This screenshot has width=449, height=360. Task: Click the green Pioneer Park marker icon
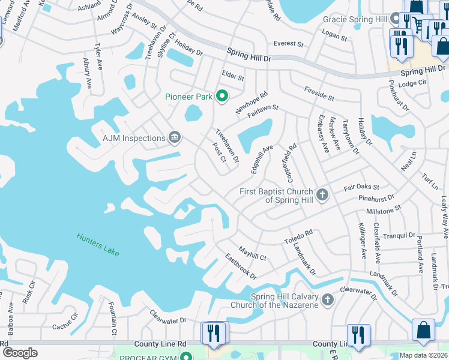coord(222,95)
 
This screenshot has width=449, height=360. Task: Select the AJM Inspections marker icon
coord(174,138)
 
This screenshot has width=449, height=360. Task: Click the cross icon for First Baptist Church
coord(322,194)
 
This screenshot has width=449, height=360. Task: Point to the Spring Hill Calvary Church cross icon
coord(327,299)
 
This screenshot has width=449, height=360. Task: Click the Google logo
coord(20,353)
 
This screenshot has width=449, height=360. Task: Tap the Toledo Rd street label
coord(298,236)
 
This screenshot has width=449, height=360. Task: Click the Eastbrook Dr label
coord(241,267)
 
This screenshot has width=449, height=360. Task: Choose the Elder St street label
coord(233,77)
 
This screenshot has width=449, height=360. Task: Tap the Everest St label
coord(285,43)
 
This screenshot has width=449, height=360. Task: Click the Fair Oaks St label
coord(361,188)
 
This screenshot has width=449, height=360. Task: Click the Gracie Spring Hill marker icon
coord(395,19)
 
